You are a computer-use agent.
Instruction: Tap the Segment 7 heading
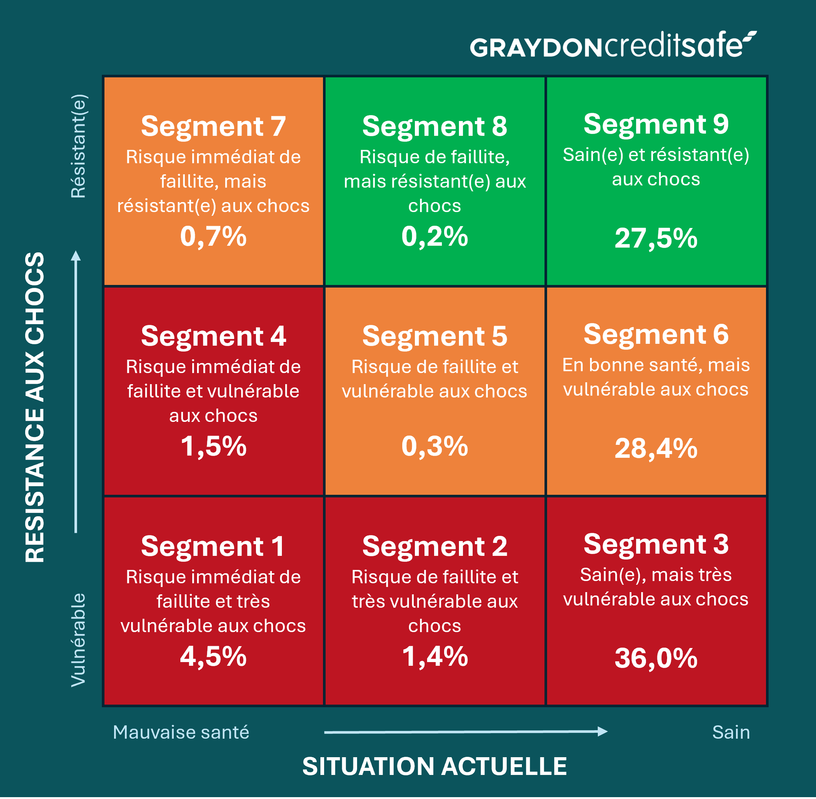click(x=213, y=126)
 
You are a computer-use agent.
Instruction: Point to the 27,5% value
click(x=656, y=238)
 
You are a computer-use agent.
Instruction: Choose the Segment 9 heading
click(x=656, y=124)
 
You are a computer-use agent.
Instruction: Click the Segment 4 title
click(x=213, y=336)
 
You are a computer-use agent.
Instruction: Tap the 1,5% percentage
click(x=213, y=446)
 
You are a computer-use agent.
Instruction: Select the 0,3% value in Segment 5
click(x=434, y=446)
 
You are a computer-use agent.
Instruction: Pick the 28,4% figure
click(x=656, y=449)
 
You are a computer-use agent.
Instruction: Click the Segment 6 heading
click(x=656, y=334)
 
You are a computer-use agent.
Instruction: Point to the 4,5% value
click(x=213, y=656)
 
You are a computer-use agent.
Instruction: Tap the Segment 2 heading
click(x=434, y=546)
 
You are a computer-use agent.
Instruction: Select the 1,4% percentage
click(x=434, y=656)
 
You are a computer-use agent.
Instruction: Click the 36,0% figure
click(x=656, y=658)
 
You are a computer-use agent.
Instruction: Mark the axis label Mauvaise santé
click(x=181, y=732)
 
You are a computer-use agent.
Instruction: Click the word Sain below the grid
click(x=731, y=732)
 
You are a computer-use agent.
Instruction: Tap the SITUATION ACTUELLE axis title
click(x=434, y=766)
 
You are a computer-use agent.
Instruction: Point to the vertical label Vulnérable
click(x=79, y=639)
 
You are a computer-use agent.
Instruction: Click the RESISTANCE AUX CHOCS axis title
click(x=35, y=407)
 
